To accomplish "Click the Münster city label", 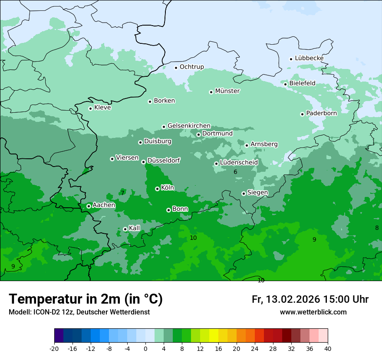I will coord(227,91).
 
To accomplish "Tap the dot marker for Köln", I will coord(157,189).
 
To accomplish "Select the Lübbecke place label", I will coord(309,58).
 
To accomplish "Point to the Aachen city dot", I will coord(89,206).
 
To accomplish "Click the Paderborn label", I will coord(321,113).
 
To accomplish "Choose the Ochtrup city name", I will coord(191,67).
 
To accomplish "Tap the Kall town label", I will coord(135,228).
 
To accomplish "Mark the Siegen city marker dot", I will coord(244,193).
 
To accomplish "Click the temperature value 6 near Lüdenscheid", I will coord(235,172).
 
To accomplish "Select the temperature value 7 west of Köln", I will coord(122,193).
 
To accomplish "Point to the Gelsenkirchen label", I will coord(189,126).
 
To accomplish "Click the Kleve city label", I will coord(102,108).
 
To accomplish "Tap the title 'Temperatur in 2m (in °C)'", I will coord(86,299).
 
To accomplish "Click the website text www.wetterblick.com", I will coord(313,312).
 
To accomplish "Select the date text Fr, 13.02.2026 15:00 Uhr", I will coord(310,299).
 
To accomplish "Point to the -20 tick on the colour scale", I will coord(54,348).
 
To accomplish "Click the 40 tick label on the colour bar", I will coord(327,348).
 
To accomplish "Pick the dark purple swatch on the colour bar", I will coord(59,336).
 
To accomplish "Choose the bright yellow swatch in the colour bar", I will coord(214,336).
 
